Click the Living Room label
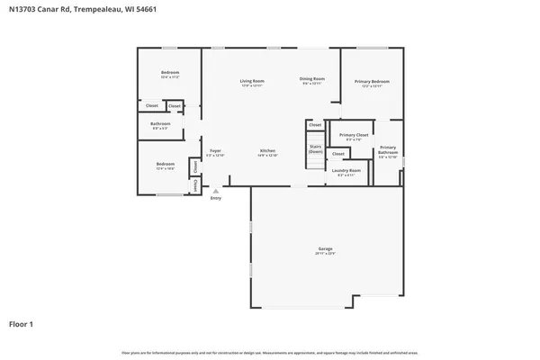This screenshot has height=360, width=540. click(251, 81)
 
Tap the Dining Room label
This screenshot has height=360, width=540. click(311, 78)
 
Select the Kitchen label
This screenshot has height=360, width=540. click(267, 150)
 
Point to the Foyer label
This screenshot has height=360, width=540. click(215, 150)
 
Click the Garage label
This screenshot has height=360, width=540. click(325, 249)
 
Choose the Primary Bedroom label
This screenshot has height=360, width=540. click(372, 81)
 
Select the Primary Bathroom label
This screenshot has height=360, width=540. click(387, 149)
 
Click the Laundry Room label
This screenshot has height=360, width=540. click(346, 170)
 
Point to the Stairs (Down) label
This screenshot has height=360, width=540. click(315, 148)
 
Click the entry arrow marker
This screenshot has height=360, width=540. click(215, 190)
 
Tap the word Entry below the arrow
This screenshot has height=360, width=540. click(215, 198)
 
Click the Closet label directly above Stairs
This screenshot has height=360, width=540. click(315, 124)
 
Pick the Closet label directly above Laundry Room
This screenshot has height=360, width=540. click(337, 154)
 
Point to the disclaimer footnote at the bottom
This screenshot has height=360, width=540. click(270, 352)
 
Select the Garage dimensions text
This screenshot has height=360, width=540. click(325, 255)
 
